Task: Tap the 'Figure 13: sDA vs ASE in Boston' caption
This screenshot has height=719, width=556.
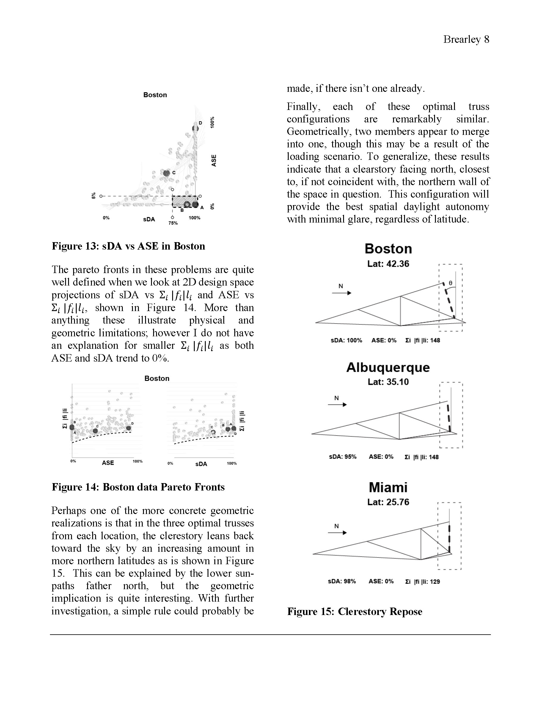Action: coord(128,246)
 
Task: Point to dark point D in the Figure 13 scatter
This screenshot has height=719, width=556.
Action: coord(195,128)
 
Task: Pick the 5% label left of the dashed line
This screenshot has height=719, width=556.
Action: coord(94,195)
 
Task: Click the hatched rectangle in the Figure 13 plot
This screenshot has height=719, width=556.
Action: coord(185,201)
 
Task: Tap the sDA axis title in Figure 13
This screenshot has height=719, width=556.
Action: coord(149,219)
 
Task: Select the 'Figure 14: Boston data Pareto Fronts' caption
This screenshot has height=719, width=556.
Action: coord(138,487)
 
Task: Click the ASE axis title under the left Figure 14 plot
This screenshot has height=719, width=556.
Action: coord(108,463)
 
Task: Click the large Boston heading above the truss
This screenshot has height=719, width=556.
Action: coord(388,249)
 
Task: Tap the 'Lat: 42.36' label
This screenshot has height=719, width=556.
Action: coord(388,264)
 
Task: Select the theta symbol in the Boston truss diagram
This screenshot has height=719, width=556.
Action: coord(450,283)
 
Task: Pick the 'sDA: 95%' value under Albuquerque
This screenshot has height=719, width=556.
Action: coord(343,457)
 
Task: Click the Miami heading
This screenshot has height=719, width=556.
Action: coord(388,487)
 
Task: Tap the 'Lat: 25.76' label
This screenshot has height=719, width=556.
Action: coord(388,502)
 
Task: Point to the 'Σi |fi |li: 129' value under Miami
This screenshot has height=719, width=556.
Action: coord(422,581)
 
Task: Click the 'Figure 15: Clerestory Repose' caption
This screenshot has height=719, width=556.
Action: coord(354,612)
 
